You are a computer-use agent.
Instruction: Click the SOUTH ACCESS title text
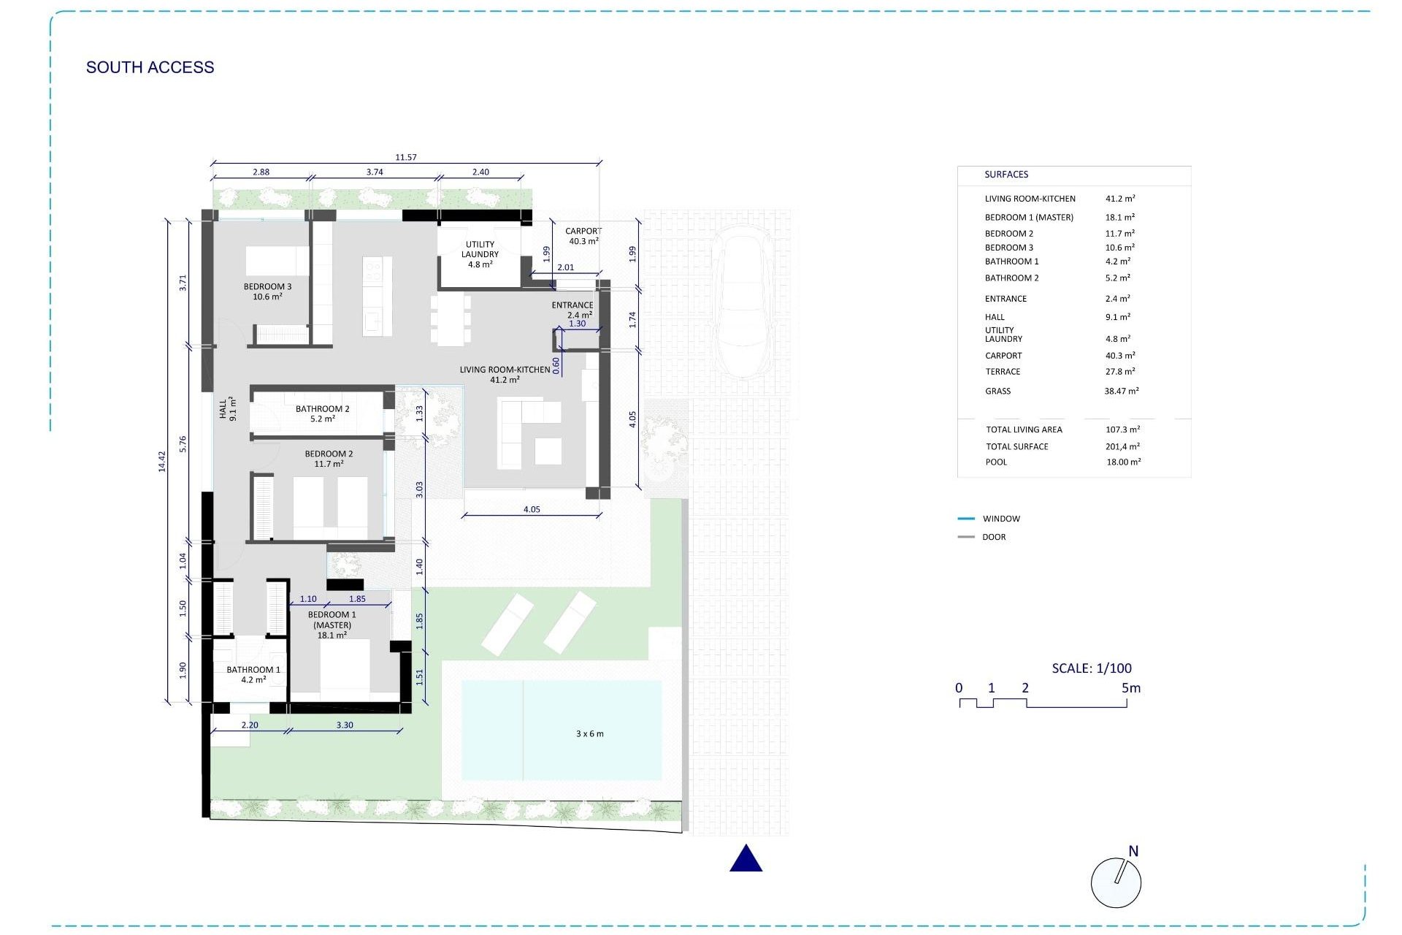[150, 67]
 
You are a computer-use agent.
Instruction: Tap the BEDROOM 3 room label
[267, 291]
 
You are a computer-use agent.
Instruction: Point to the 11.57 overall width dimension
[406, 157]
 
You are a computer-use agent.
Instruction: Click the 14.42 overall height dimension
[162, 461]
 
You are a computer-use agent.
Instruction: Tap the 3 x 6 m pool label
[589, 733]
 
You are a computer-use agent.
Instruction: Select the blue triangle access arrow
[746, 859]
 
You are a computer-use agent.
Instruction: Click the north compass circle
[1116, 882]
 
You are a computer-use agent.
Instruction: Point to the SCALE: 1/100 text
[1092, 668]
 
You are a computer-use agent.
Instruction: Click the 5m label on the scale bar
[1130, 687]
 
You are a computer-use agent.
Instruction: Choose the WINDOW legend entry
[1000, 519]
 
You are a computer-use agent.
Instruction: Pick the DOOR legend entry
[993, 537]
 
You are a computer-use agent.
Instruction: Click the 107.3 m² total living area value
[1122, 430]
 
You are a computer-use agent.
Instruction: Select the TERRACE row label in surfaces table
[1002, 372]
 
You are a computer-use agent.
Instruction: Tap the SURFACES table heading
[1005, 175]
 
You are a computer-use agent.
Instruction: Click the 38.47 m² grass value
[1121, 391]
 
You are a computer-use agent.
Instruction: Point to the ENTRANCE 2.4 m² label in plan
[573, 310]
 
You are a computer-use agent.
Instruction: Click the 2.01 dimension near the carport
[565, 267]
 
